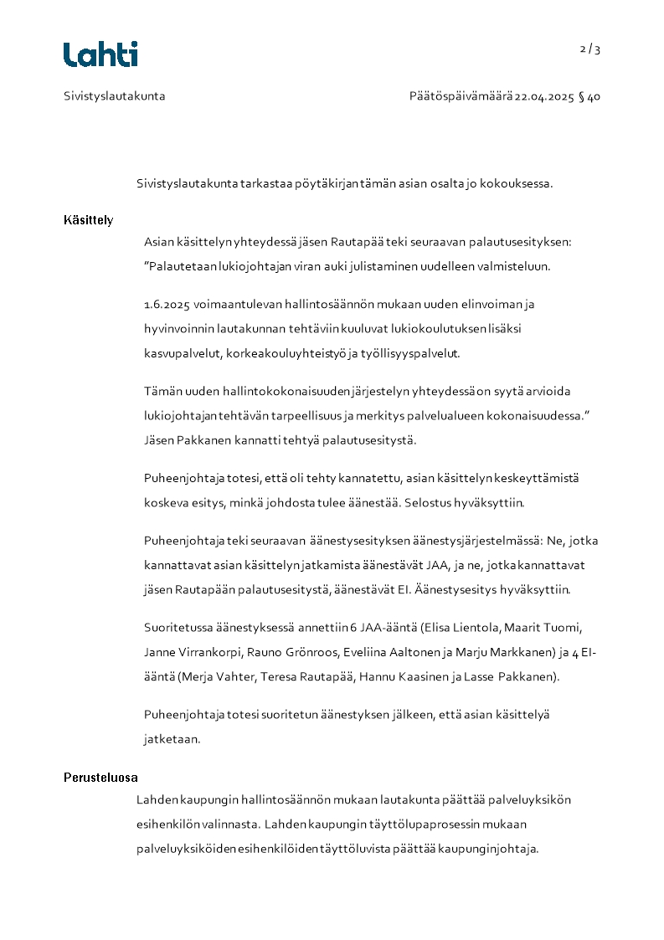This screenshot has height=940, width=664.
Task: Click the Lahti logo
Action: point(100,54)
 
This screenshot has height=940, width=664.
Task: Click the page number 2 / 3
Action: point(590,49)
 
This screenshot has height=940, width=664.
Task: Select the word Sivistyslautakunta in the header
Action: point(115,96)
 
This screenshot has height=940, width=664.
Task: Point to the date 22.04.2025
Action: point(544,96)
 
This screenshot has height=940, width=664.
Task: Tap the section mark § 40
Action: point(589,96)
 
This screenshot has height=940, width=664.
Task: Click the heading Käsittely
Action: point(88,220)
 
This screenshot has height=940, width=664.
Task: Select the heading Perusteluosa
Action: point(100,778)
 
